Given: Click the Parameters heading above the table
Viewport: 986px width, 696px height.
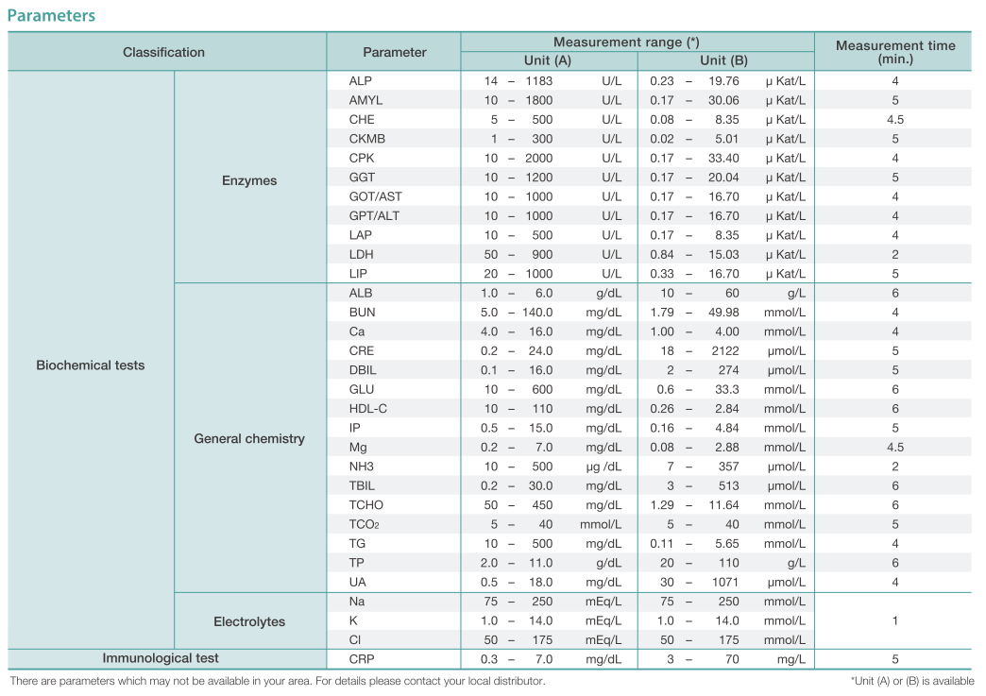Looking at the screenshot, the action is tap(52, 15).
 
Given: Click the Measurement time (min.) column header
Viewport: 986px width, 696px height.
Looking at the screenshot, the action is tap(894, 52).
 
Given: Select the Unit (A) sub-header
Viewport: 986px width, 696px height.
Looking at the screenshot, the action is tap(548, 60).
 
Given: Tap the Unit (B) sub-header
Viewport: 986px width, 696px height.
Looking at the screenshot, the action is tap(723, 60).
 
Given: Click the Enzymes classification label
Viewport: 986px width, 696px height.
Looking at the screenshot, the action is tap(249, 180).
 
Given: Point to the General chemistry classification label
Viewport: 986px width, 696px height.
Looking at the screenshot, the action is tap(249, 438).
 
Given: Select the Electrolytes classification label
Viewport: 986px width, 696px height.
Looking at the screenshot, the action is tap(249, 621).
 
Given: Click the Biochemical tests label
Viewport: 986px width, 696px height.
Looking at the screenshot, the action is tap(91, 365).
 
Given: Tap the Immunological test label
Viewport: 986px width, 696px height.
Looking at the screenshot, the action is tap(161, 657).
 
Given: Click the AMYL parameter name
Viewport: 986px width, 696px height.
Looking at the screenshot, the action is tap(365, 100).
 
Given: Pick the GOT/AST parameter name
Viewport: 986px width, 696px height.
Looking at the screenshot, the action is tap(375, 196).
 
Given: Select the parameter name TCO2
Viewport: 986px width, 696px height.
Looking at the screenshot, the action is tap(365, 524).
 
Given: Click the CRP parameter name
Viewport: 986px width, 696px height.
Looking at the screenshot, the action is tap(362, 659).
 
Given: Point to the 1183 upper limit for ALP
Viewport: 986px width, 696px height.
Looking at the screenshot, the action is tap(539, 81).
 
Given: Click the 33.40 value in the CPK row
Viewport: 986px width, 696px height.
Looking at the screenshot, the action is tap(723, 158).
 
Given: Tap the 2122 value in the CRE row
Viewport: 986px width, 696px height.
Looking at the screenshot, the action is tap(725, 350).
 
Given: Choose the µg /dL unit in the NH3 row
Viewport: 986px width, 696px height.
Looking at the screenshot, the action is tap(603, 467).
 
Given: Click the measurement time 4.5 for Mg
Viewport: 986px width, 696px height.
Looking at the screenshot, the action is tap(894, 447).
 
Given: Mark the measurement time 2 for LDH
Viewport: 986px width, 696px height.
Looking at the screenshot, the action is tap(894, 254).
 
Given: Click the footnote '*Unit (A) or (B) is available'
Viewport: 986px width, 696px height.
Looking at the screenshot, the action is tap(911, 681).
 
